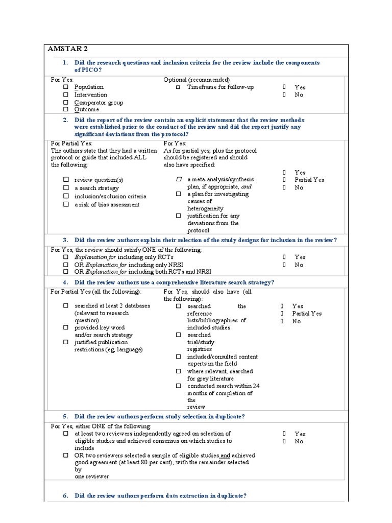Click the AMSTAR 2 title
(67, 49)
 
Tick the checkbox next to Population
(66, 87)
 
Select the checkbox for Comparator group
(66, 102)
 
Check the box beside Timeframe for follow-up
(178, 87)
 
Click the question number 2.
(65, 120)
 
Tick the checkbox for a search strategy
(66, 188)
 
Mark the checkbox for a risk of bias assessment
(66, 204)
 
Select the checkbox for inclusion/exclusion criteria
(66, 196)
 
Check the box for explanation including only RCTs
(66, 257)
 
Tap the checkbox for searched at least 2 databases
(66, 305)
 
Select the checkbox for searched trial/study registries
(178, 335)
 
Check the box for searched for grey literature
(178, 371)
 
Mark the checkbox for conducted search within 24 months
(178, 386)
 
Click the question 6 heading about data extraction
(161, 496)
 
